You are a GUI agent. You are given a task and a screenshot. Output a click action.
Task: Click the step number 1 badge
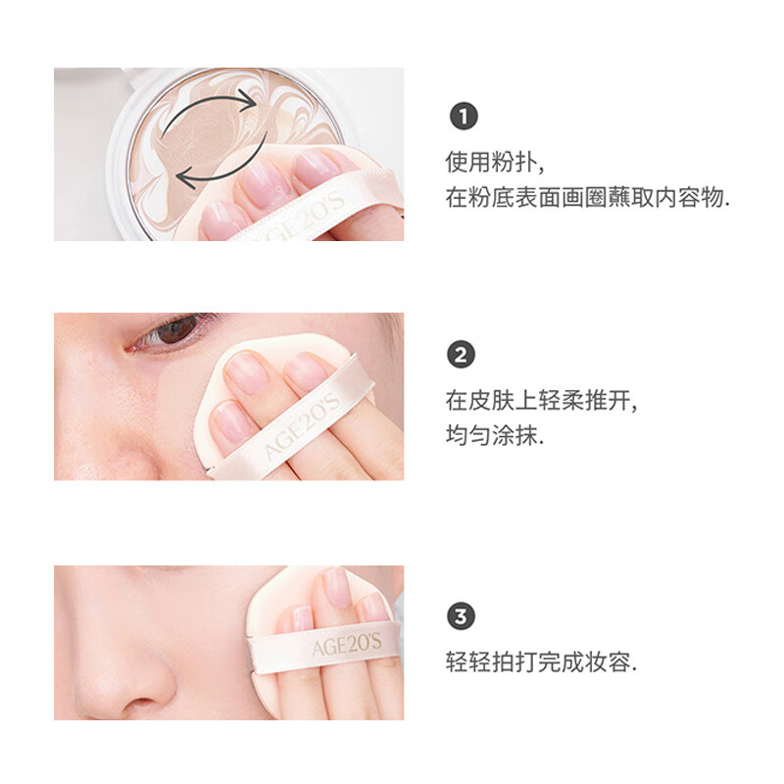[x=464, y=118]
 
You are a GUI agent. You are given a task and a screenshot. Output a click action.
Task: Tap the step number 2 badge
[x=464, y=355]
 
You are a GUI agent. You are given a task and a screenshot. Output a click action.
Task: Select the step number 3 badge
[x=464, y=617]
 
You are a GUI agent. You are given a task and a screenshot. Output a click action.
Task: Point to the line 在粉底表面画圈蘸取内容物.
[x=588, y=198]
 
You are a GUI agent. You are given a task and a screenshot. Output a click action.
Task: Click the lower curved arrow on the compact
[x=211, y=169]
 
